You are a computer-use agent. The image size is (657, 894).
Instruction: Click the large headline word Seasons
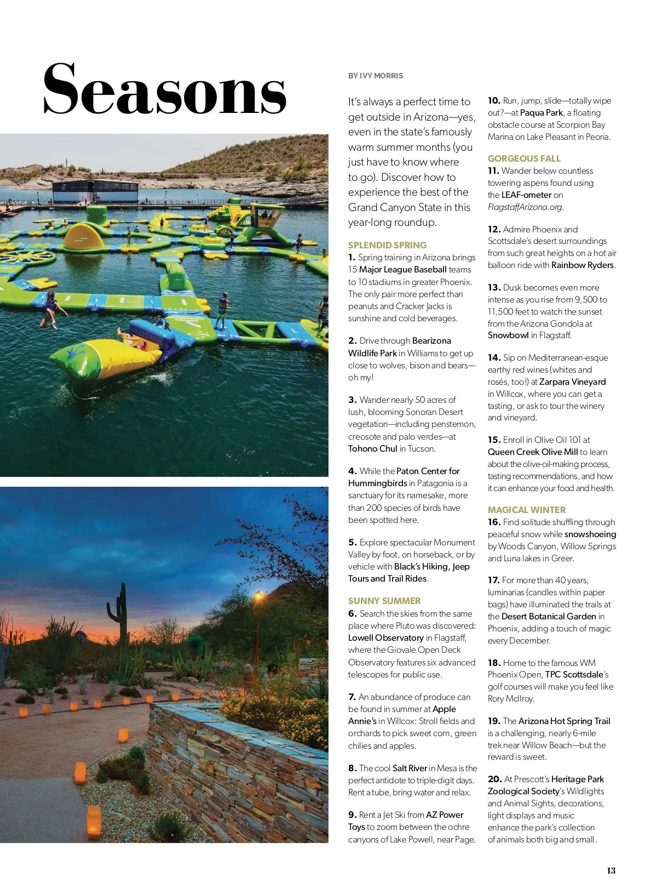tap(164, 89)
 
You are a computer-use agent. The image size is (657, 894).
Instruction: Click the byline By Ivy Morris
tap(376, 76)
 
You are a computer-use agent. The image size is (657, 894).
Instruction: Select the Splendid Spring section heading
tap(387, 245)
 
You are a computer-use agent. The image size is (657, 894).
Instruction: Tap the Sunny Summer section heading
tap(384, 601)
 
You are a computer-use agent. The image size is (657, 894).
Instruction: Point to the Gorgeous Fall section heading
tap(524, 158)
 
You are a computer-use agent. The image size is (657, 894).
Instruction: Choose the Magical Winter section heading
tap(527, 510)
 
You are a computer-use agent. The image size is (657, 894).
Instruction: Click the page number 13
tap(611, 870)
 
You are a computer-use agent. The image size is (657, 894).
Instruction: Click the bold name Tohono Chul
tap(373, 448)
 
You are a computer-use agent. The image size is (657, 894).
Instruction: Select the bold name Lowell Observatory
tap(386, 637)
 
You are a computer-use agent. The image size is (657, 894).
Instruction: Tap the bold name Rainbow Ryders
tap(583, 265)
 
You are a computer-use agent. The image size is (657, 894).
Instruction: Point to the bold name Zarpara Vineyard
tap(572, 381)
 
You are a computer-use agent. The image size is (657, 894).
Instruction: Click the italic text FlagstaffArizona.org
tap(525, 207)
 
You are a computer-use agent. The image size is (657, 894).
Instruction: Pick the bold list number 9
tap(353, 815)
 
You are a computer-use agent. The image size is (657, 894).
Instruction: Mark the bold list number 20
tap(494, 779)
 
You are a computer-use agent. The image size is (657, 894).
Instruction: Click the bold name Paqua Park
tap(541, 112)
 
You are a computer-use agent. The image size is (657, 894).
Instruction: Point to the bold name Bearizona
tap(431, 340)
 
